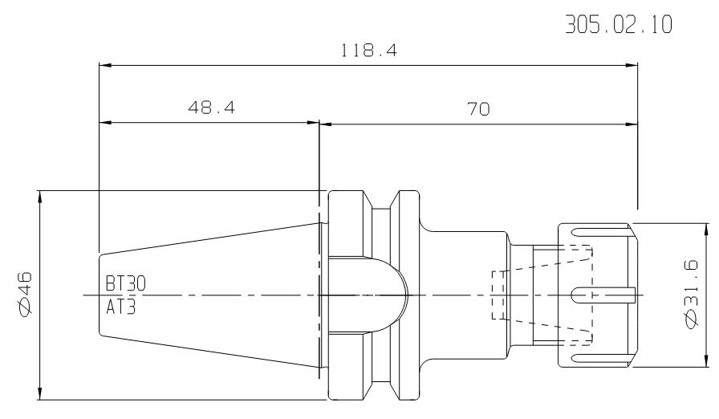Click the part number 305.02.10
[619, 24]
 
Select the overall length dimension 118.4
[368, 50]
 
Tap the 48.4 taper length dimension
[211, 108]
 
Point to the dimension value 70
[479, 109]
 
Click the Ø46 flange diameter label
[23, 294]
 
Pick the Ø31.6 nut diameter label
[691, 294]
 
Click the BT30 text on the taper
[126, 284]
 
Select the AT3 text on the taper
[121, 307]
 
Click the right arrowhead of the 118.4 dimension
[632, 66]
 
